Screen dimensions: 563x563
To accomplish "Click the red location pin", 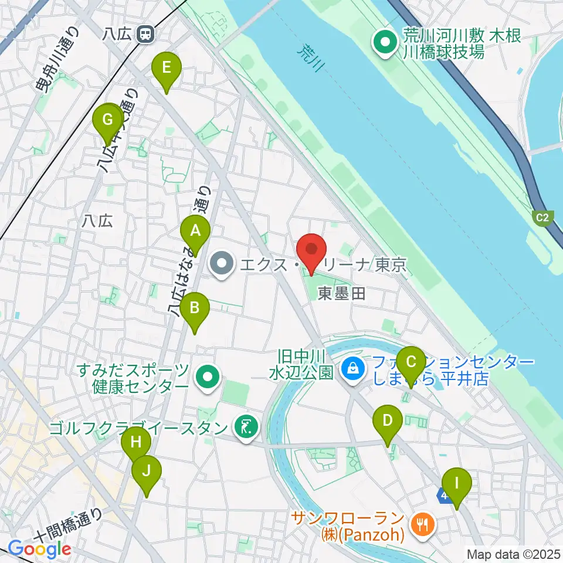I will pos(311,251).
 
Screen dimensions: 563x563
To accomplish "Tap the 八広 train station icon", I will pos(144,35).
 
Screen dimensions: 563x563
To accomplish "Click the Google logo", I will pos(39,548).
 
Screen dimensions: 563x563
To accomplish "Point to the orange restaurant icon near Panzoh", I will pos(420,519).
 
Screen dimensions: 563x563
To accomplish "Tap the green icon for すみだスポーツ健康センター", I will pos(208,378).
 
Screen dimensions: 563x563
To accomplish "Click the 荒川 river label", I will pos(311,59).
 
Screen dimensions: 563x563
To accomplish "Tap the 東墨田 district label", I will pos(342,293).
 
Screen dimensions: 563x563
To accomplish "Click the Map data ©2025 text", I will pos(513,553).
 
